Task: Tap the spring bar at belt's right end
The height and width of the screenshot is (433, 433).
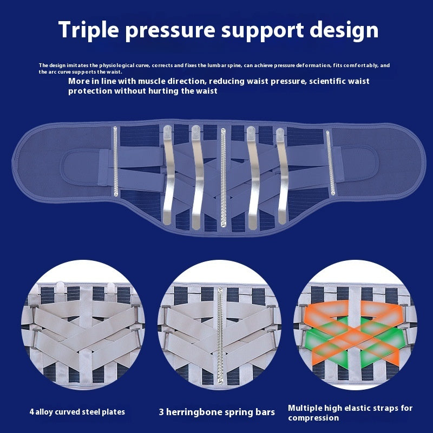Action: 328,162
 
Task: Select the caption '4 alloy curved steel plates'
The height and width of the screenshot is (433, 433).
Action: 77,412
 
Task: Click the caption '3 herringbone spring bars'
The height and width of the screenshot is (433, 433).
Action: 216,412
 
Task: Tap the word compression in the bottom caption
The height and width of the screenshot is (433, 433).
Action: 313,417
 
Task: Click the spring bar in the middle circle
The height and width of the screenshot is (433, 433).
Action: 220,336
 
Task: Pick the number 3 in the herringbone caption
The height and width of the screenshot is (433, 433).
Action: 161,412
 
